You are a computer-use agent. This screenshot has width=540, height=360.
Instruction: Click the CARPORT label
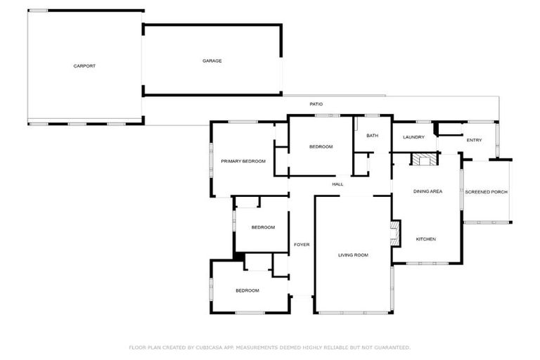click(84, 66)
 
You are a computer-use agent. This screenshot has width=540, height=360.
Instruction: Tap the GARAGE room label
click(212, 61)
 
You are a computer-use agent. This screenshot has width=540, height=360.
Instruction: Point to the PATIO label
click(316, 104)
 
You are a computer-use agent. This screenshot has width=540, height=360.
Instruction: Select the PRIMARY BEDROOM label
click(243, 162)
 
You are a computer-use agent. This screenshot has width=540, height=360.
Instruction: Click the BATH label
click(372, 136)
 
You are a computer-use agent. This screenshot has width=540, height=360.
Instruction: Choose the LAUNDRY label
click(413, 137)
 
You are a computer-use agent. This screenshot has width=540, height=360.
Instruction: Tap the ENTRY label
click(474, 141)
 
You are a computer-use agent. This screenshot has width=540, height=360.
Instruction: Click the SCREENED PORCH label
click(486, 192)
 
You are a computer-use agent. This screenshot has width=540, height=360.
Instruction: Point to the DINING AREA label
click(427, 191)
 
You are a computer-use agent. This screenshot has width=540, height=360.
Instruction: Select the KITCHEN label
click(426, 239)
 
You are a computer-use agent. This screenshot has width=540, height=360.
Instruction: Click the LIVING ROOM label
click(353, 255)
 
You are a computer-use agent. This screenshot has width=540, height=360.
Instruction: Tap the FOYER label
click(302, 245)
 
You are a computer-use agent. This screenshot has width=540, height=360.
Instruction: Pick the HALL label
click(337, 184)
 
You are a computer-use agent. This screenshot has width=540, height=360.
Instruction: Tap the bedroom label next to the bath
click(321, 147)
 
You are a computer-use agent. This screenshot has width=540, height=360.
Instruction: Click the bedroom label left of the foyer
click(263, 227)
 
